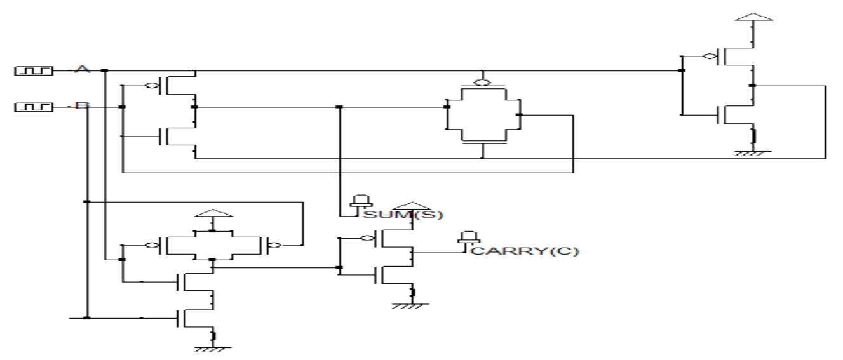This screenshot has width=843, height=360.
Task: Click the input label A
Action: coord(81,70)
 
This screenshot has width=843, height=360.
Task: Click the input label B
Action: coord(81,106)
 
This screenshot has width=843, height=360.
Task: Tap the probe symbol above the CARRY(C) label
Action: coord(469,238)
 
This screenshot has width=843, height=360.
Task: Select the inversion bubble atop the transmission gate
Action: coord(483,83)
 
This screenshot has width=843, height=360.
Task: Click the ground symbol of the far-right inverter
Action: coord(754,152)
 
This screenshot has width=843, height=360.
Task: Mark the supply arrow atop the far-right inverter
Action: coord(754,13)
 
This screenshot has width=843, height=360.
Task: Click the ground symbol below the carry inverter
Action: coord(413,305)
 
